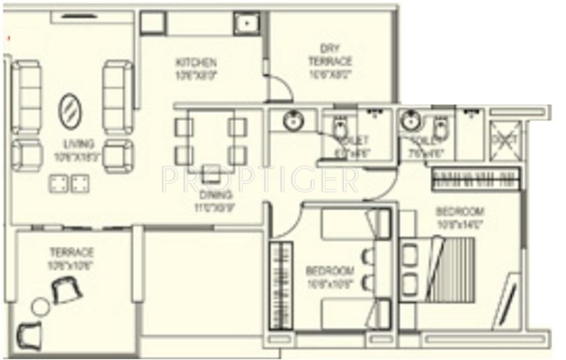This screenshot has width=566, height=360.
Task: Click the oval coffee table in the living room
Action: point(71,111)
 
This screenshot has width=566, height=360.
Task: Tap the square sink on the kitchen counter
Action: point(248,24)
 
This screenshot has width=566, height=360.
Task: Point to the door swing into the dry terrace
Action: point(280,88)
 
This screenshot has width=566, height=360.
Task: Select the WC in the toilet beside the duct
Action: point(440,129)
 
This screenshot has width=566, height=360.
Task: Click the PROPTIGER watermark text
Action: point(259,179)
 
